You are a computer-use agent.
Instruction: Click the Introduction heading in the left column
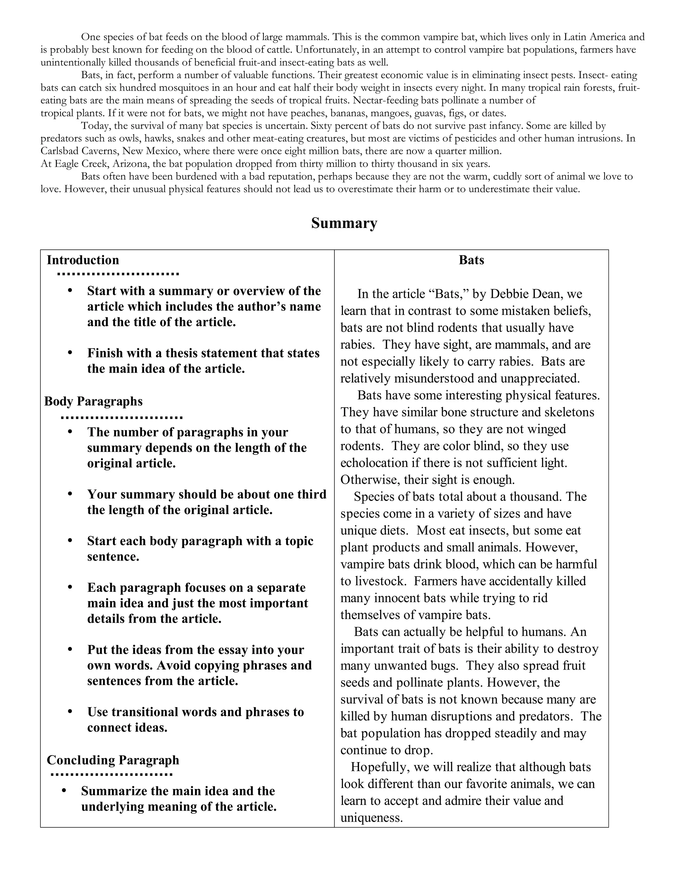(x=83, y=260)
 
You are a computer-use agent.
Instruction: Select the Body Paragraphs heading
(x=94, y=401)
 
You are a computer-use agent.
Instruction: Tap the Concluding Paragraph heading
(x=113, y=760)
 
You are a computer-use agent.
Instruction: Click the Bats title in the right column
(x=471, y=260)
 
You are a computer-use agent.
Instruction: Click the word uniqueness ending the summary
(x=371, y=818)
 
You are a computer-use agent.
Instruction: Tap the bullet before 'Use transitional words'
(x=70, y=712)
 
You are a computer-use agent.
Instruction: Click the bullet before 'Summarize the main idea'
(x=64, y=791)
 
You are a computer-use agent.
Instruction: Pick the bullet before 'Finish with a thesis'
(x=70, y=352)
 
